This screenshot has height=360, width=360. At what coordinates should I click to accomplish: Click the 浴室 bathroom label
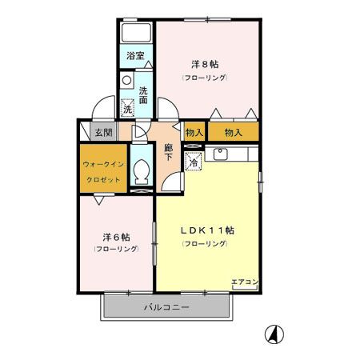pos(136,56)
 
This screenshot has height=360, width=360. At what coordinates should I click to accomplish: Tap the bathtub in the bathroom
pos(136,34)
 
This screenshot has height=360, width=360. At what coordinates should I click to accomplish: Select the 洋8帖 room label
pos(205,63)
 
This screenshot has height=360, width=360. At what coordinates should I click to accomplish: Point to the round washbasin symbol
pos(126,81)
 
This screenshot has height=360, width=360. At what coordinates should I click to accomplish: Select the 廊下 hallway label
pos(169,152)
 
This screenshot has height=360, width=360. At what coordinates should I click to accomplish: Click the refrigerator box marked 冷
pos(194,161)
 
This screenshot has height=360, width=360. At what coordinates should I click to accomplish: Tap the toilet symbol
pos(142,170)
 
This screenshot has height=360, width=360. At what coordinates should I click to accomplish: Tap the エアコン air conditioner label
pos(244,282)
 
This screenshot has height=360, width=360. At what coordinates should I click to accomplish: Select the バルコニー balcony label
pos(166,307)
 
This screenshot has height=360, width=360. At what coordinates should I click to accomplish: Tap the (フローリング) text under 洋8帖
pos(205,78)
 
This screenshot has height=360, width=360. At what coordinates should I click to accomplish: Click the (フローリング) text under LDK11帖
pos(205,243)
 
